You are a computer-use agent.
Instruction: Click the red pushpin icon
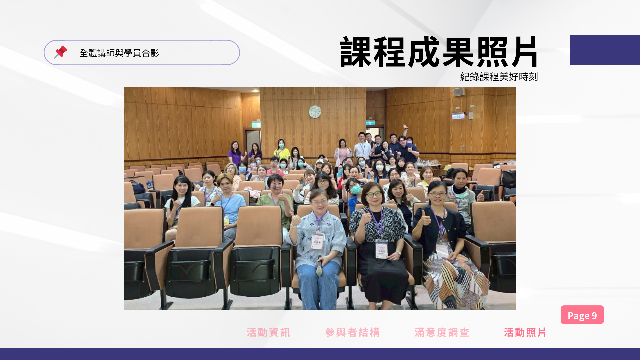coord(60,52)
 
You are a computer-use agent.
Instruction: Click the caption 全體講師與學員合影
coord(119,53)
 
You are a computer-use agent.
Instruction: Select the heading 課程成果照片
coord(439,52)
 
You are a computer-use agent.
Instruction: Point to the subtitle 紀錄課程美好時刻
coord(499,77)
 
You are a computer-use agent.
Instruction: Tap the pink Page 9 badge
coord(582,315)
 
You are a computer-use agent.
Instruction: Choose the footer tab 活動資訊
coord(268,332)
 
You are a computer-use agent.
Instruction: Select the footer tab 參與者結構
coord(352,332)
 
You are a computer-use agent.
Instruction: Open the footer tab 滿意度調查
coord(442,332)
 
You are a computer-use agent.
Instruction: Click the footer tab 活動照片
coord(525,332)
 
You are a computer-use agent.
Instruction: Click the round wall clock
coord(315,112)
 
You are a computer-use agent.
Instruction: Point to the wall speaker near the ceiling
coord(459,92)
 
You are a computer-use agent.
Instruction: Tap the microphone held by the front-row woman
coord(319,266)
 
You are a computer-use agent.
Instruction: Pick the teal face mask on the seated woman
coord(356,189)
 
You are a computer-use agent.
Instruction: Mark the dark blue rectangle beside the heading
coord(605,50)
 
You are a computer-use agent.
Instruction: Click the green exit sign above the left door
coord(256,125)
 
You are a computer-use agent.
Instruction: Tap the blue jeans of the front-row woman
coord(318,285)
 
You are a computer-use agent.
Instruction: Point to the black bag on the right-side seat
coord(509,179)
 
